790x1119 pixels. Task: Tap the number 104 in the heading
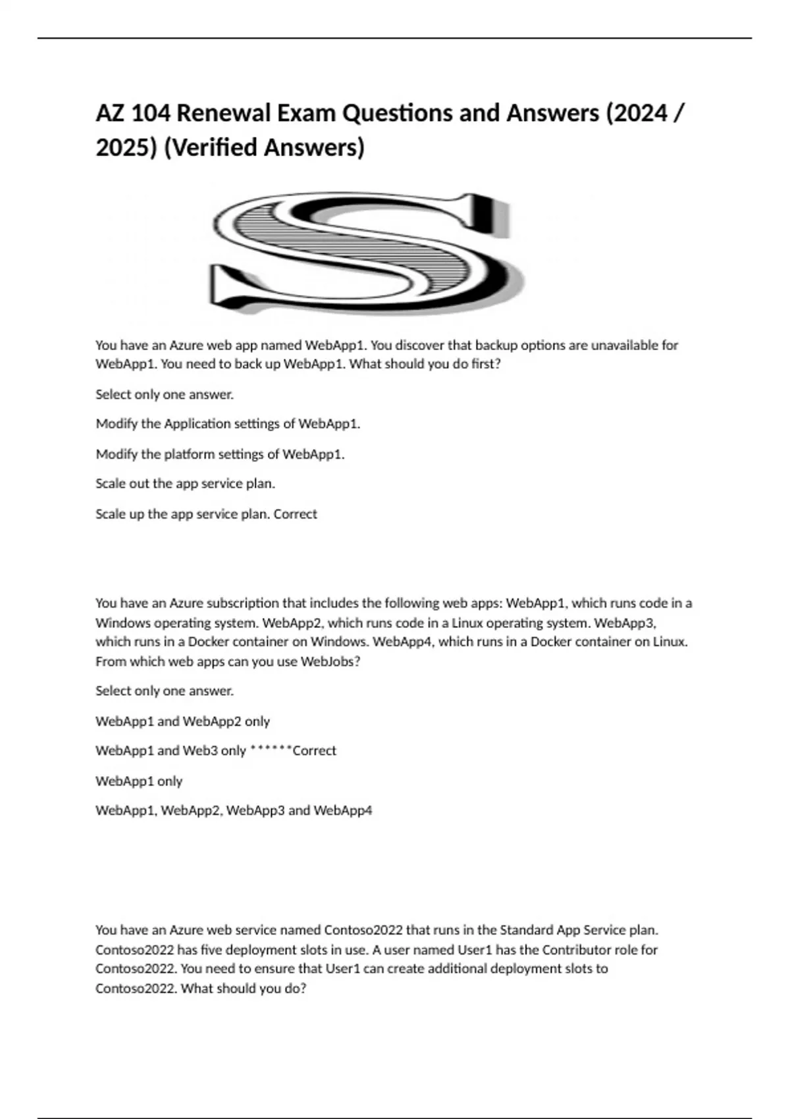[x=150, y=114]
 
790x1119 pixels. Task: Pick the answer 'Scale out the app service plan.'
[x=185, y=484]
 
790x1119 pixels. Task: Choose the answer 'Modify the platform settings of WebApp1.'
[x=220, y=454]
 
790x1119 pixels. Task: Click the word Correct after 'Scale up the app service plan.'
[x=295, y=514]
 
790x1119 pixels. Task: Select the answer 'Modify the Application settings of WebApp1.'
[x=228, y=424]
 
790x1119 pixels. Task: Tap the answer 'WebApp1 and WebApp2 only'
[x=182, y=721]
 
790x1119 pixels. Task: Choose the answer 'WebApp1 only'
[x=139, y=781]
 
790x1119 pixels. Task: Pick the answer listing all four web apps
[x=234, y=810]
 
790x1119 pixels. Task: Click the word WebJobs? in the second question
[x=330, y=662]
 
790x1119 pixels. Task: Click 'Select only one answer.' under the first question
[x=165, y=395]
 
